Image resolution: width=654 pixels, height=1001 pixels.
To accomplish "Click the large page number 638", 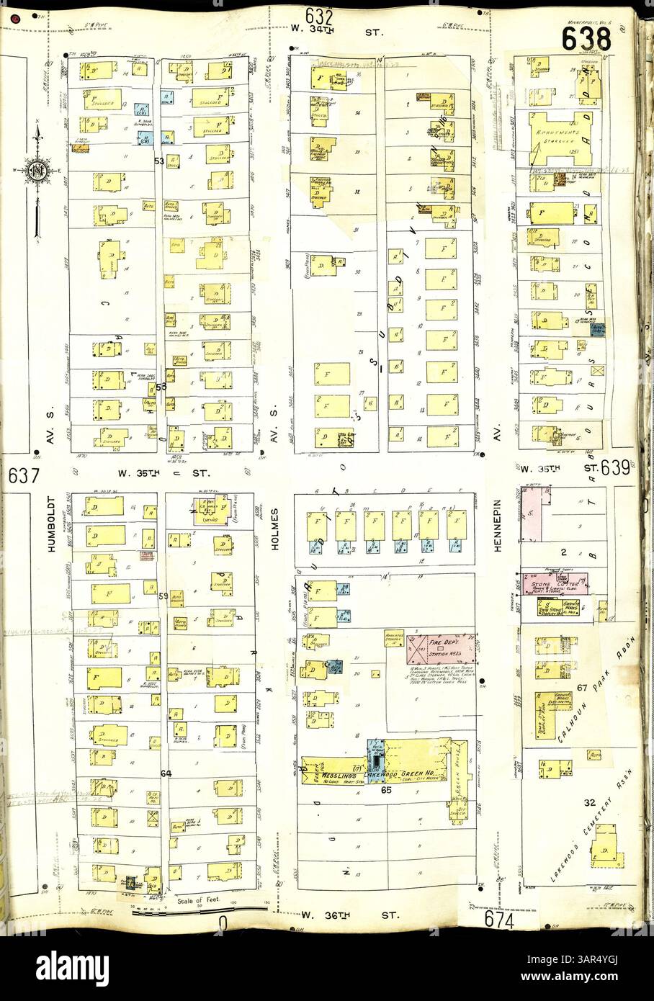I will click(x=586, y=39).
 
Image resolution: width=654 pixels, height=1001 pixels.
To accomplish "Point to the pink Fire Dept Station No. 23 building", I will click(x=441, y=647).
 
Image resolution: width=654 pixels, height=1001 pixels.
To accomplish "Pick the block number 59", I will click(x=163, y=596).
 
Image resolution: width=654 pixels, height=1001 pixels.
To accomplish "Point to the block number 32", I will click(x=589, y=802).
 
